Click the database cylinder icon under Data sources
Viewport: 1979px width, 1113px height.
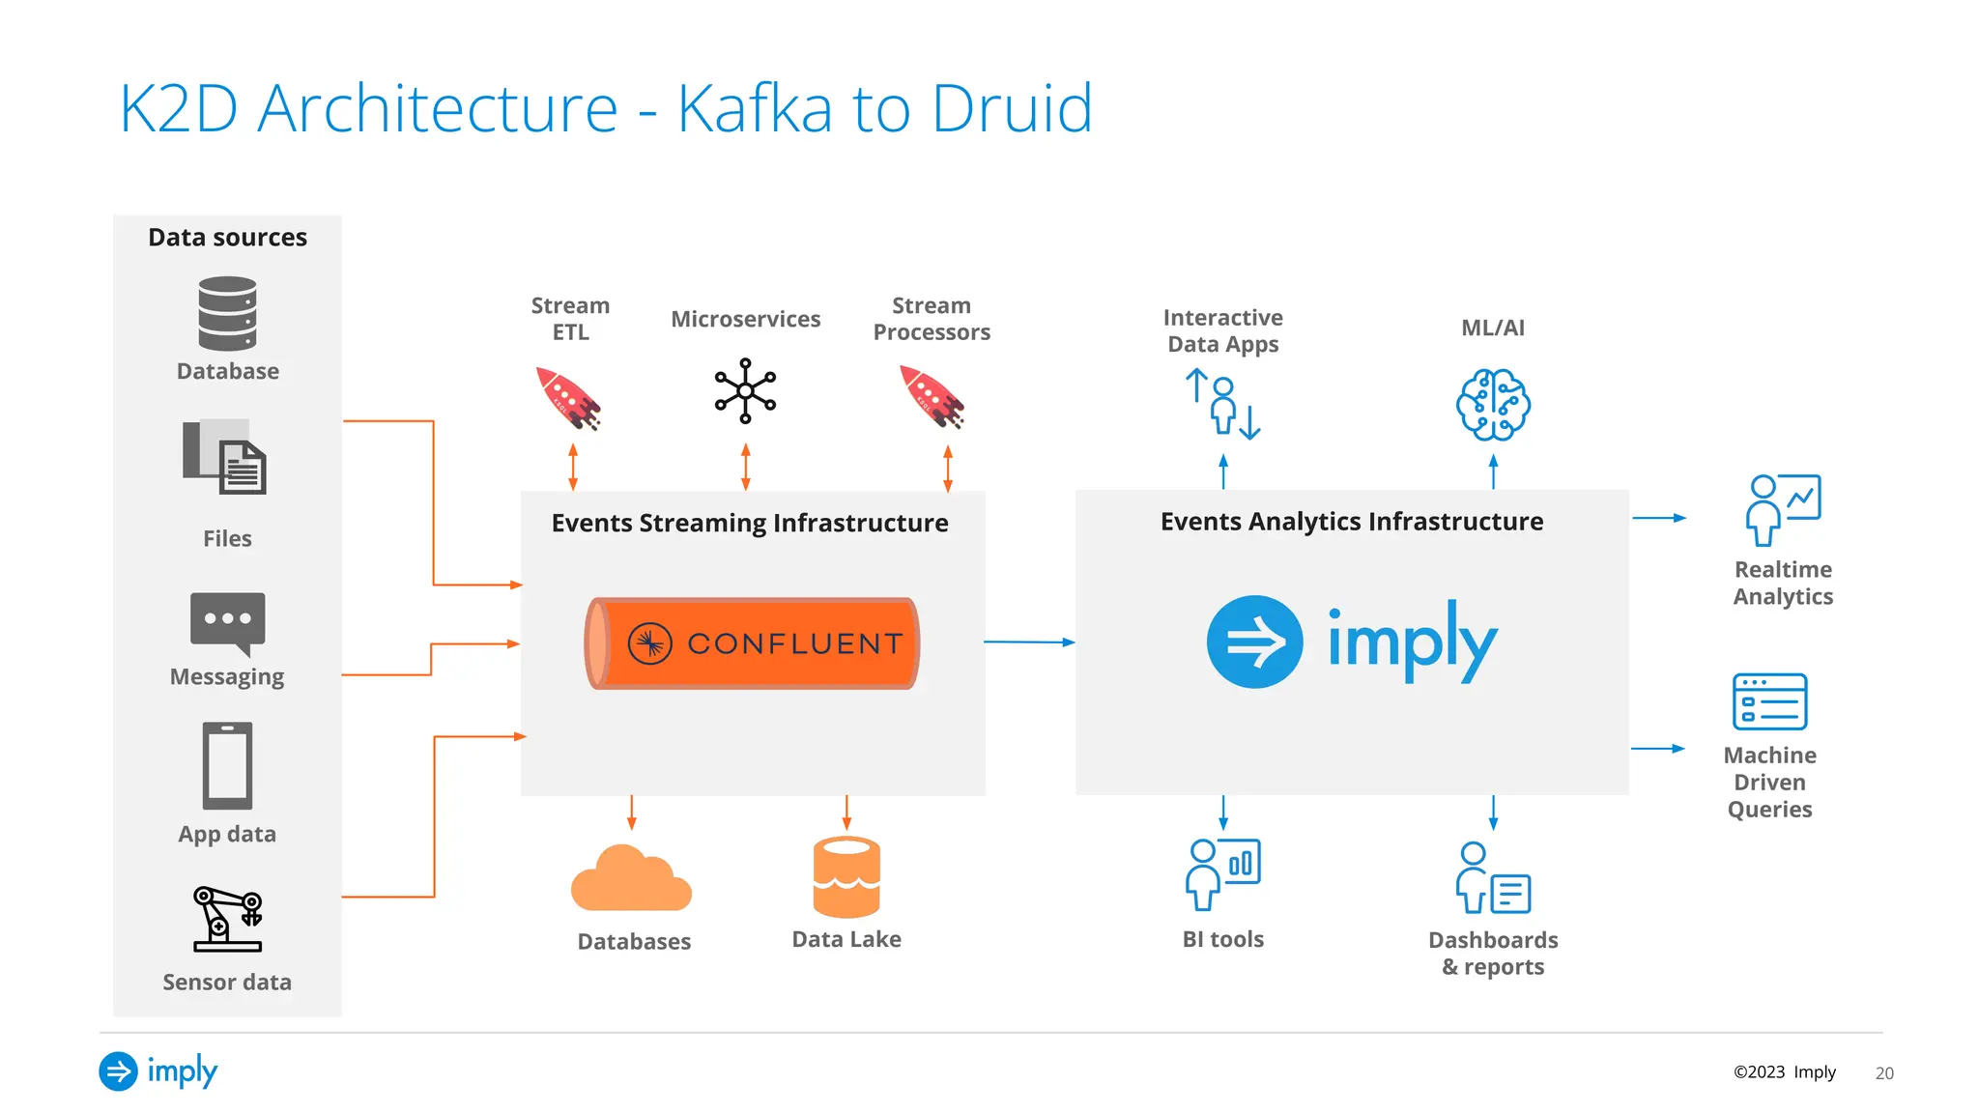click(x=227, y=314)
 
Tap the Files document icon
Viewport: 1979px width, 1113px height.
click(x=225, y=457)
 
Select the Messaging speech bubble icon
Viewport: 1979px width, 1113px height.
click(x=228, y=622)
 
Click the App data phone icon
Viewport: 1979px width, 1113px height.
click(x=227, y=765)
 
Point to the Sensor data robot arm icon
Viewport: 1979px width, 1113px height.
click(x=228, y=919)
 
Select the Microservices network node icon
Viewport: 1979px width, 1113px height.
click(x=745, y=390)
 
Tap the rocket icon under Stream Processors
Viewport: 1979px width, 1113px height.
click(x=932, y=397)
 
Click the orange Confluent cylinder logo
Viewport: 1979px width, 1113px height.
click(x=752, y=643)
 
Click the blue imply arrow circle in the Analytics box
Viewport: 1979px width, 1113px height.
click(x=1254, y=642)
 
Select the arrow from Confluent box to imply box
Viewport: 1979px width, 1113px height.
click(x=1029, y=642)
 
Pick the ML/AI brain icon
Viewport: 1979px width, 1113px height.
click(x=1493, y=405)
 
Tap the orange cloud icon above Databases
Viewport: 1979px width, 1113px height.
click(x=631, y=879)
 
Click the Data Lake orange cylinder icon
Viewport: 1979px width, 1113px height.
click(x=846, y=876)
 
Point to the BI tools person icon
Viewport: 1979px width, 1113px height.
click(x=1222, y=874)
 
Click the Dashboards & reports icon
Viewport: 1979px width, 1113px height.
click(x=1493, y=878)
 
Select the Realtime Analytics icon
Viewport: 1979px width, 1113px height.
click(x=1783, y=509)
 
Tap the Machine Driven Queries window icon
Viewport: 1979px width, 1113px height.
click(x=1769, y=701)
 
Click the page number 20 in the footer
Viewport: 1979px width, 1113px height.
click(x=1883, y=1073)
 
